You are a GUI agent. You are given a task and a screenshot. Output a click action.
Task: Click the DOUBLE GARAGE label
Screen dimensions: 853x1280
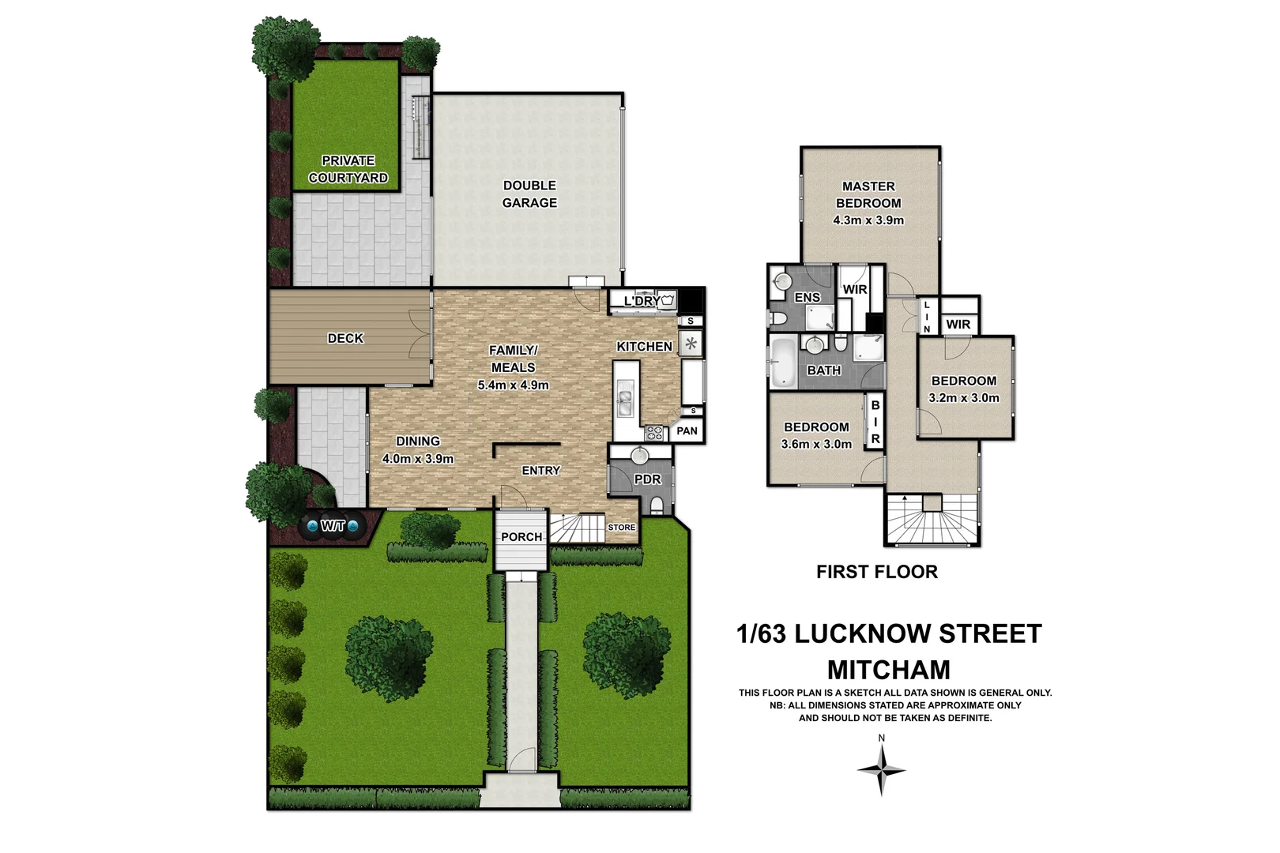pyautogui.click(x=529, y=194)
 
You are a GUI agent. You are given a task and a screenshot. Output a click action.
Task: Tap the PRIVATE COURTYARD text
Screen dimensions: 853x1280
pyautogui.click(x=348, y=169)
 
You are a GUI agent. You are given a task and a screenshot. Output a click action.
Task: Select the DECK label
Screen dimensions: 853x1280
pyautogui.click(x=345, y=338)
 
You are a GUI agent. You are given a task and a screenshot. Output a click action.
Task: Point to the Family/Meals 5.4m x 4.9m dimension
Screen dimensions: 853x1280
pyautogui.click(x=513, y=385)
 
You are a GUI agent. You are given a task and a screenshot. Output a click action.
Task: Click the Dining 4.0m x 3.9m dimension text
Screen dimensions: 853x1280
pyautogui.click(x=417, y=459)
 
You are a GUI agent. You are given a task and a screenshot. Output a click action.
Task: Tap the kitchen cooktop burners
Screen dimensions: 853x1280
pyautogui.click(x=654, y=432)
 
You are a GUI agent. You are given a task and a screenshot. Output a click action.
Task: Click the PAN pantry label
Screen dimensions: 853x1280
pyautogui.click(x=687, y=430)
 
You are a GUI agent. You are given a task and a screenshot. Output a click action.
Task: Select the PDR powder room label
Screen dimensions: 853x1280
pyautogui.click(x=647, y=479)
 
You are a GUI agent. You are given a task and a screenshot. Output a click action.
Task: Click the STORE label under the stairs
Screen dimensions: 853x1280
pyautogui.click(x=621, y=528)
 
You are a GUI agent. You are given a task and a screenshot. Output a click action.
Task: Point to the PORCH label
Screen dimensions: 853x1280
pyautogui.click(x=521, y=537)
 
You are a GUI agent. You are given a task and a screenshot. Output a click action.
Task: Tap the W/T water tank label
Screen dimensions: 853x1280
pyautogui.click(x=333, y=525)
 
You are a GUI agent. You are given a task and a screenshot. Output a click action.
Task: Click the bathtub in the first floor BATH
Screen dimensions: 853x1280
pyautogui.click(x=782, y=363)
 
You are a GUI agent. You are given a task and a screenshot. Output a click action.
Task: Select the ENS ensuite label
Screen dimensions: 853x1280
pyautogui.click(x=807, y=298)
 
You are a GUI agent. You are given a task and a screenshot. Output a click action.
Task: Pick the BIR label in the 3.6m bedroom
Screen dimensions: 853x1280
pyautogui.click(x=875, y=422)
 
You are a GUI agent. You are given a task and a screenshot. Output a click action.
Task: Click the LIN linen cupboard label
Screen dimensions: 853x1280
pyautogui.click(x=927, y=317)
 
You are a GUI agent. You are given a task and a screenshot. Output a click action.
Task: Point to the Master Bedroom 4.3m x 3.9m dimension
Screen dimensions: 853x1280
pyautogui.click(x=868, y=220)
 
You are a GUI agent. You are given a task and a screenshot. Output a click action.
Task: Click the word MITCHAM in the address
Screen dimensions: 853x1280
pyautogui.click(x=889, y=670)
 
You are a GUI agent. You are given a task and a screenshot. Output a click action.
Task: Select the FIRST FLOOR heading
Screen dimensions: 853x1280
pyautogui.click(x=877, y=572)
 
